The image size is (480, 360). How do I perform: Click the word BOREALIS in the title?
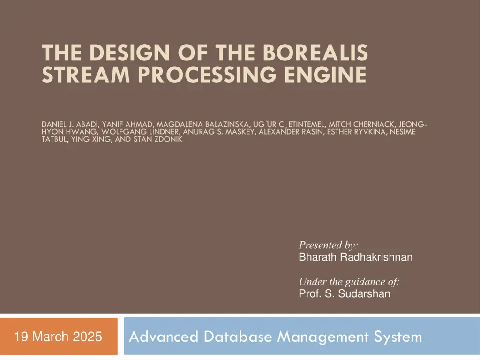point(315,52)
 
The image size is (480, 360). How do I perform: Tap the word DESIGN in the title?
point(120,52)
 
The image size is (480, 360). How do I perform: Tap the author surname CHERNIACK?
point(374,124)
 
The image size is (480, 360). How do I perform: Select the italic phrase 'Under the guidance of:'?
point(349,282)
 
